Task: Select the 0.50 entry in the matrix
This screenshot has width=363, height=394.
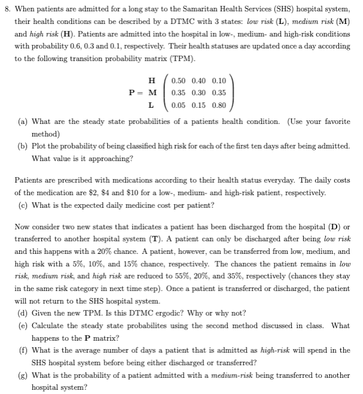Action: click(179, 80)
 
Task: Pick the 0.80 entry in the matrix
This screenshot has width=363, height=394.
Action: click(219, 105)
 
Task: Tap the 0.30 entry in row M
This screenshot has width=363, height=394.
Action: click(199, 93)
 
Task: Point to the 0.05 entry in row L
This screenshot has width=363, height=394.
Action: click(179, 105)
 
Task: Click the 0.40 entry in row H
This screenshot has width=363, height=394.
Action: click(199, 80)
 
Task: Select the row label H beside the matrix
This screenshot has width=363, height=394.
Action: click(152, 80)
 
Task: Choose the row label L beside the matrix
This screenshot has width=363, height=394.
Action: click(152, 105)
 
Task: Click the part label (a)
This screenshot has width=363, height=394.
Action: click(23, 122)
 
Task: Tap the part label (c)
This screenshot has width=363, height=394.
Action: click(23, 206)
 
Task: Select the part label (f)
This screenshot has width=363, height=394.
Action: click(23, 350)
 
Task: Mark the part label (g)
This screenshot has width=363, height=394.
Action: click(23, 375)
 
